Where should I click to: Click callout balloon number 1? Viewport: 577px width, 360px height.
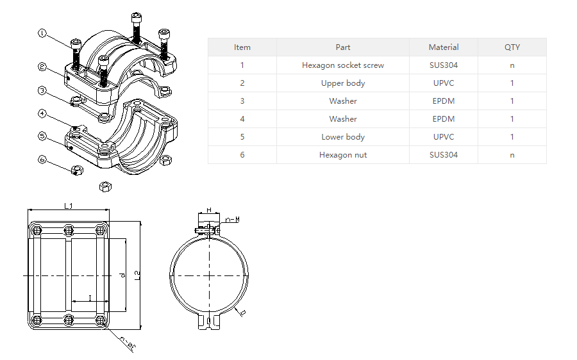[42, 33]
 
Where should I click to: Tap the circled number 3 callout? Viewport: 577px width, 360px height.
[42, 90]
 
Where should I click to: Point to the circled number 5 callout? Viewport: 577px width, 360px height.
[42, 136]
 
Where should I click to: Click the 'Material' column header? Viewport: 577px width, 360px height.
[444, 47]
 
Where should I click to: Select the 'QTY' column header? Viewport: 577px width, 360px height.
[512, 47]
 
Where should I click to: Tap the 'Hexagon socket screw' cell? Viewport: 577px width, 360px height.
[343, 65]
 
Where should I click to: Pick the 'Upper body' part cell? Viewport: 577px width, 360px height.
[343, 83]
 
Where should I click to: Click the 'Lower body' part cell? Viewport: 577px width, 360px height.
[343, 136]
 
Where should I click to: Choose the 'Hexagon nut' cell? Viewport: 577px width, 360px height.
[343, 154]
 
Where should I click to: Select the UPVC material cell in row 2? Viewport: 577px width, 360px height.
[444, 83]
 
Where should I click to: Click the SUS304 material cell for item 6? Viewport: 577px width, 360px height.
[444, 154]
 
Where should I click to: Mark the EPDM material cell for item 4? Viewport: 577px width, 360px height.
[444, 119]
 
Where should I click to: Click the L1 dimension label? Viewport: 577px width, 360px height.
[69, 206]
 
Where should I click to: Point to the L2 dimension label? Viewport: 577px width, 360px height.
[137, 275]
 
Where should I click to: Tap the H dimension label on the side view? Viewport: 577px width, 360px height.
[208, 210]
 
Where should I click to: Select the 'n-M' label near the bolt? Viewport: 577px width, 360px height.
[233, 219]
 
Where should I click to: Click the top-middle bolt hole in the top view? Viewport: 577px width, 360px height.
[69, 230]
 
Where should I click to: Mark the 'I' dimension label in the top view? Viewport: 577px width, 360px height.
[90, 297]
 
